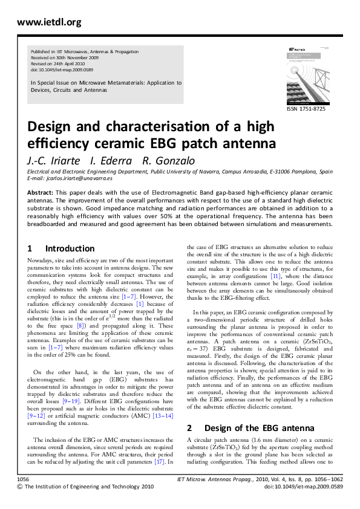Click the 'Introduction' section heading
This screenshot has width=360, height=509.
click(x=70, y=248)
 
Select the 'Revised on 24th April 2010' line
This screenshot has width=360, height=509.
click(x=63, y=63)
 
